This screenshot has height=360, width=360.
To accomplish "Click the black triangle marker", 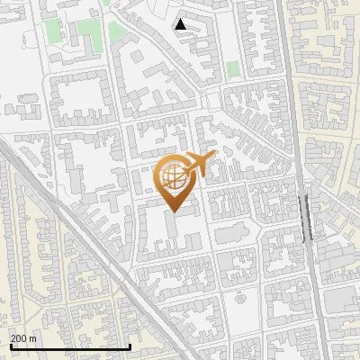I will pyautogui.click(x=181, y=24).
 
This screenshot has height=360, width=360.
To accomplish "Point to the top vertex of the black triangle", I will pyautogui.click(x=181, y=19).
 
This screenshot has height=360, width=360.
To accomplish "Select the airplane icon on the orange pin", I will pyautogui.click(x=198, y=164).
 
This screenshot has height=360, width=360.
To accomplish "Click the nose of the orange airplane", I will pyautogui.click(x=214, y=157).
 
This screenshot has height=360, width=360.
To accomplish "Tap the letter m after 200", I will pyautogui.click(x=32, y=337).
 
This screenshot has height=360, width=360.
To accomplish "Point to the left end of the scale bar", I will pyautogui.click(x=10, y=346).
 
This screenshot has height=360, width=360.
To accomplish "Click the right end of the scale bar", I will pyautogui.click(x=130, y=346).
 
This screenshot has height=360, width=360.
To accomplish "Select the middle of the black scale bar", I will pyautogui.click(x=70, y=346).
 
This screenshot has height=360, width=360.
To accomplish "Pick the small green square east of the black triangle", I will pyautogui.click(x=233, y=68).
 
